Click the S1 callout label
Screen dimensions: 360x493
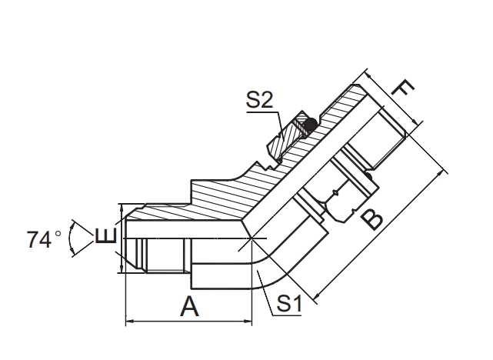pos(289,305)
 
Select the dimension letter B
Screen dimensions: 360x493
pos(373,218)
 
